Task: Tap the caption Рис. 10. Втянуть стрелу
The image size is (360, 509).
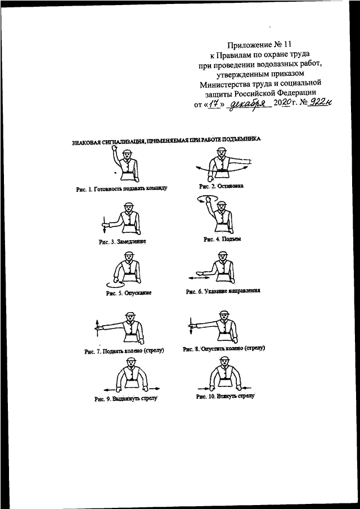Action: [226, 397]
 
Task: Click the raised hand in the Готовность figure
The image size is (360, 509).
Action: [114, 148]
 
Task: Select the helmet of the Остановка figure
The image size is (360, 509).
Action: [222, 149]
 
